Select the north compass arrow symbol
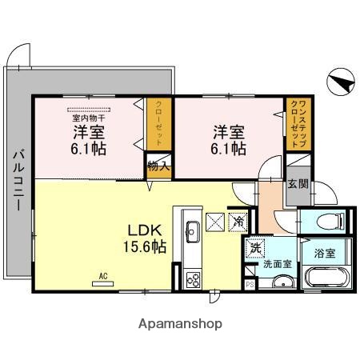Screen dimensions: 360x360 [x=339, y=82]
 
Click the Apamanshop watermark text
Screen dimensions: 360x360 [x=180, y=324]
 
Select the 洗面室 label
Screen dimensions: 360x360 [x=278, y=262]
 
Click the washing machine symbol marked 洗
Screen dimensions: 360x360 [x=254, y=248]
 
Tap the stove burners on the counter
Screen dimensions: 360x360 [x=193, y=279]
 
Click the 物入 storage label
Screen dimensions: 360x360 [x=158, y=166]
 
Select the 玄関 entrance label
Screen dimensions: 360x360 [x=297, y=185]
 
